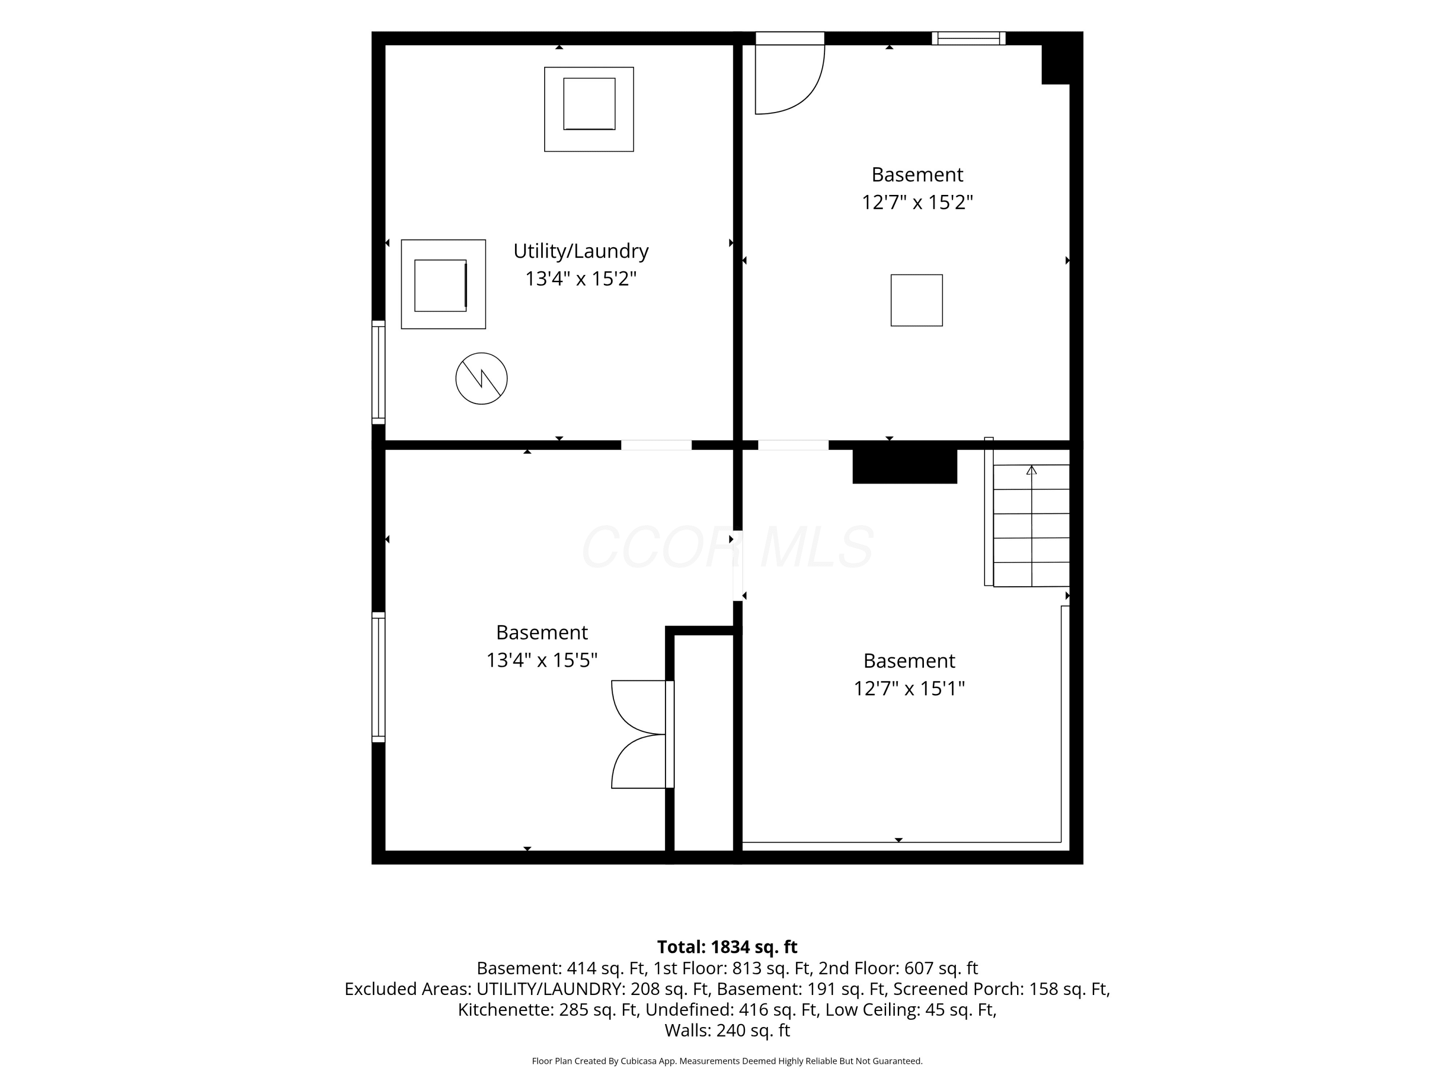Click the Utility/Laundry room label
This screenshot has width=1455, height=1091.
tap(581, 252)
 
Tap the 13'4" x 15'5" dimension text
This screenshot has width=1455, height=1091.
tap(541, 659)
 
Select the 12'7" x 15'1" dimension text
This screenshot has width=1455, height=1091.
tap(909, 689)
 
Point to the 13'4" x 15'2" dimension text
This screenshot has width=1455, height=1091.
tap(581, 279)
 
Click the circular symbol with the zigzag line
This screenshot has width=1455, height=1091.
tap(482, 379)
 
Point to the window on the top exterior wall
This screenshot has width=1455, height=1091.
tap(968, 38)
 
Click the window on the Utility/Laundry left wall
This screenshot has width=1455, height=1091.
tap(378, 372)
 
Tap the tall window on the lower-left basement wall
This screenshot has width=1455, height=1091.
tap(378, 677)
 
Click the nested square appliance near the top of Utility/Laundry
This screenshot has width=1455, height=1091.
tap(589, 109)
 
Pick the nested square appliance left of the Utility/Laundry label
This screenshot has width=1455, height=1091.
tap(443, 284)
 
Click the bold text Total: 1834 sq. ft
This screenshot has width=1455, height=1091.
tap(727, 947)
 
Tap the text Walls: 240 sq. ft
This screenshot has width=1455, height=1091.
tap(727, 1030)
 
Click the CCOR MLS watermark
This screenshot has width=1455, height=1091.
tap(727, 547)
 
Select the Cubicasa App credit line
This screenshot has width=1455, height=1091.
tap(727, 1061)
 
